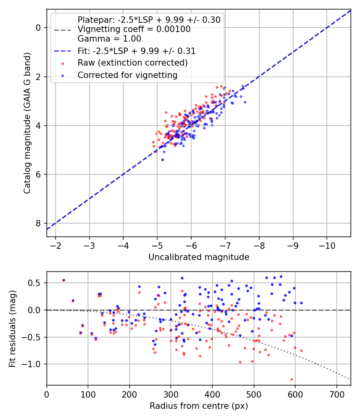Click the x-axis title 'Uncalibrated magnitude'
[x=199, y=257]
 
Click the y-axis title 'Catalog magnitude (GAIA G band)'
[x=27, y=123]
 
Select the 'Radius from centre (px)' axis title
[x=199, y=406]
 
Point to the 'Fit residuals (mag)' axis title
[x=12, y=329]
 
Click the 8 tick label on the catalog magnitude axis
[x=38, y=223]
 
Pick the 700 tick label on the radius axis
[x=337, y=394]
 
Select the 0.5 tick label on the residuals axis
[x=36, y=283]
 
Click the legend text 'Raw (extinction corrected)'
[x=132, y=63]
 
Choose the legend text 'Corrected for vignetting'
[x=128, y=75]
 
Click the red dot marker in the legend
[x=63, y=64]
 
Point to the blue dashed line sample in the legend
[x=63, y=51]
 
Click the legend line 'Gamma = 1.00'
[x=109, y=38]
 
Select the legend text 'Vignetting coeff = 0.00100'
[x=134, y=29]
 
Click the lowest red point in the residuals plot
[x=292, y=379]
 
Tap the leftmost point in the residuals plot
[x=64, y=280]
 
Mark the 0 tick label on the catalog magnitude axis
[x=38, y=28]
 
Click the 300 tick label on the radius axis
[x=171, y=394]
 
